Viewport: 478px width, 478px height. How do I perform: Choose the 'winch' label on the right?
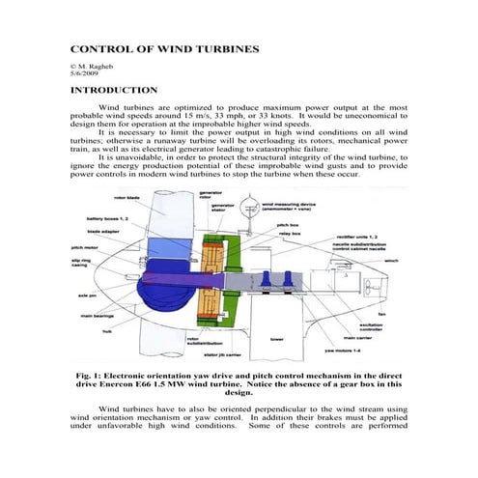(x=391, y=259)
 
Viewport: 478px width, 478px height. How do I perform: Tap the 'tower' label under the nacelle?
(x=276, y=340)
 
